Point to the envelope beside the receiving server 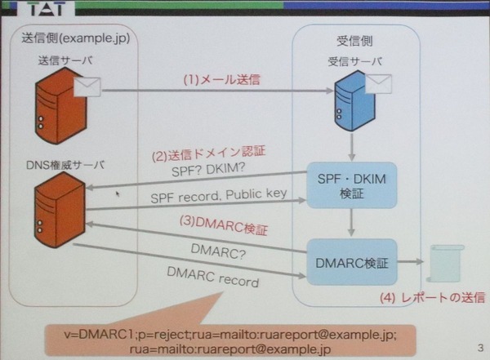[377, 83]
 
